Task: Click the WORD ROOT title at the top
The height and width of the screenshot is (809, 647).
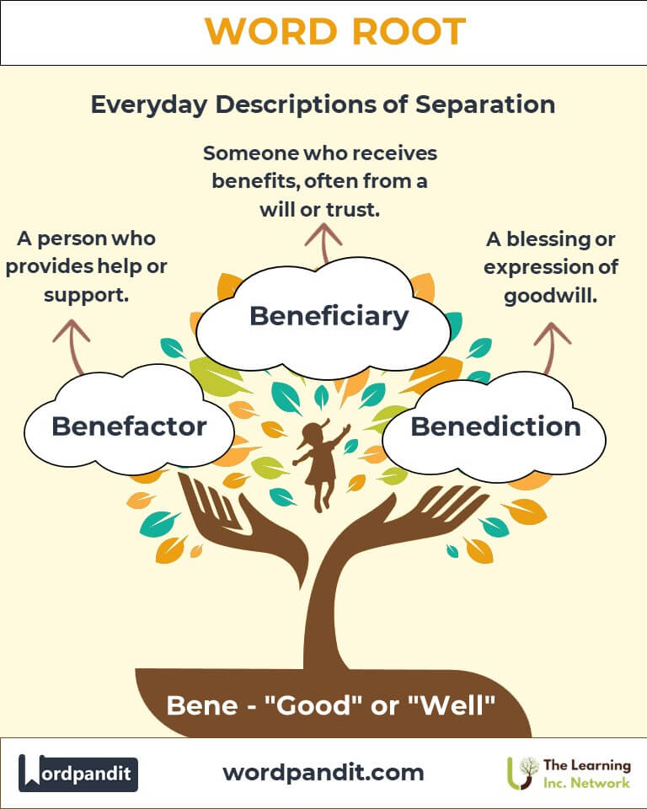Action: click(x=335, y=31)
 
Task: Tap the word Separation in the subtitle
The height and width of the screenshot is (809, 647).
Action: click(x=485, y=104)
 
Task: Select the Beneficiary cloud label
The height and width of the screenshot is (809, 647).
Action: click(x=329, y=316)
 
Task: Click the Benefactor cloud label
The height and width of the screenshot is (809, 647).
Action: click(x=129, y=426)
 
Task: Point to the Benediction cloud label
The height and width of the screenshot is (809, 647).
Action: click(x=496, y=426)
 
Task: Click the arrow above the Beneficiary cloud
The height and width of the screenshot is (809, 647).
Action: click(x=323, y=243)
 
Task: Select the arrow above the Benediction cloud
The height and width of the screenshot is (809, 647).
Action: click(x=552, y=348)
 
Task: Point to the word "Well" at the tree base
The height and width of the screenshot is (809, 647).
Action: click(x=456, y=705)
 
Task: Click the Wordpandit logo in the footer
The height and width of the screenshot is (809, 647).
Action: click(x=78, y=773)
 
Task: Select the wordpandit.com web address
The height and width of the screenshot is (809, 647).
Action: click(x=323, y=773)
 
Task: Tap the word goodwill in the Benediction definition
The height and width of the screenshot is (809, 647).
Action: click(x=550, y=296)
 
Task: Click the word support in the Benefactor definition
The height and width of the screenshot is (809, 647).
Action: click(x=86, y=296)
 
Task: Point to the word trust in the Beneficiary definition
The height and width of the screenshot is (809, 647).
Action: click(x=353, y=210)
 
